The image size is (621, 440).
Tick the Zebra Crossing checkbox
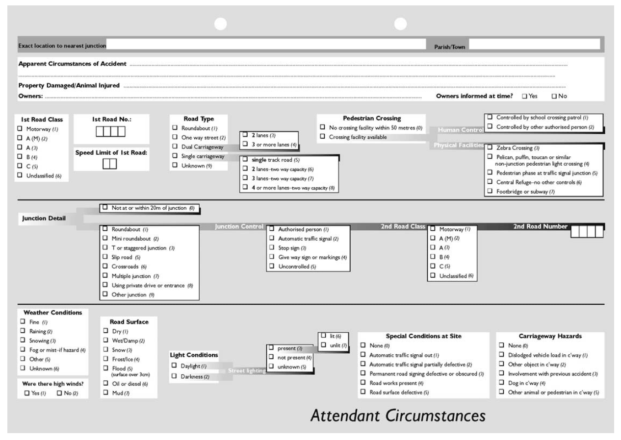490,147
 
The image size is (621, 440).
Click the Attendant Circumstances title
398,416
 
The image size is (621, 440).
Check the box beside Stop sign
271,247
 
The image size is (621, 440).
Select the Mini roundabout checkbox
105,238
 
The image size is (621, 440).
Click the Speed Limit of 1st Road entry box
109,165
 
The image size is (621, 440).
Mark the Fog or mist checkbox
22,349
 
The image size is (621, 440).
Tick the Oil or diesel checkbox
105,383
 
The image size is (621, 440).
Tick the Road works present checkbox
363,383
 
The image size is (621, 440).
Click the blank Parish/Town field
534,45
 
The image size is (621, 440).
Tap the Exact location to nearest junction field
266,45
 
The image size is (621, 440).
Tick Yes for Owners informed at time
524,97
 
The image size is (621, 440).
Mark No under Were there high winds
60,393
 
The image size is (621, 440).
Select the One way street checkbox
174,137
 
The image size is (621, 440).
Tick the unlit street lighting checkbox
323,345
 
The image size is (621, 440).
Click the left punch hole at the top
221,23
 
